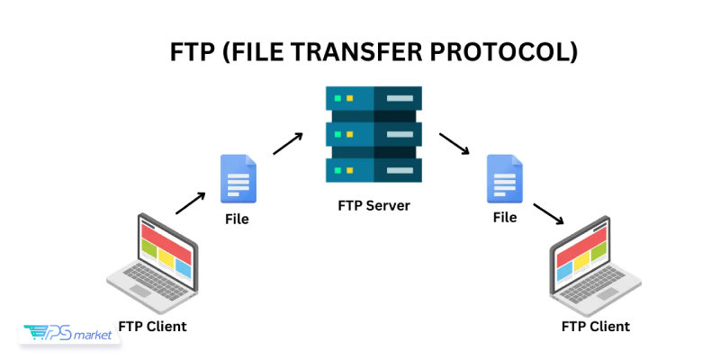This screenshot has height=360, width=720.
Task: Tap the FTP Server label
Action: pyautogui.click(x=373, y=205)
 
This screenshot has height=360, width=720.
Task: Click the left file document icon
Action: pyautogui.click(x=238, y=179)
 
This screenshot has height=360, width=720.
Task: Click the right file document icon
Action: pyautogui.click(x=504, y=179)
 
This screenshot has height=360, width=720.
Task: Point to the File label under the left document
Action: pyautogui.click(x=237, y=219)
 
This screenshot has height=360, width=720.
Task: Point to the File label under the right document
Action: pyautogui.click(x=504, y=218)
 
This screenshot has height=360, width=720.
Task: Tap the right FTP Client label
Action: pyautogui.click(x=595, y=326)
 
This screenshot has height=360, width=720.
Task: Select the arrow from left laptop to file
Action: pyautogui.click(x=190, y=202)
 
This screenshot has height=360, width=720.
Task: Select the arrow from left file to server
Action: pyautogui.click(x=288, y=144)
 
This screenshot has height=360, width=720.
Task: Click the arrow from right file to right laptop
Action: pyautogui.click(x=549, y=214)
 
